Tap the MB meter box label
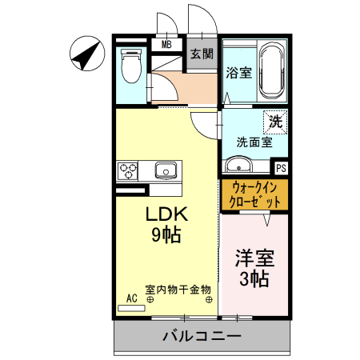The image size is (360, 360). coord(167,45)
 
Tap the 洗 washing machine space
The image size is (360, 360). coord(275,123)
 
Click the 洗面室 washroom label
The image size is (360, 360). coord(254,142)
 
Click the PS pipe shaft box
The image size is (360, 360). coord(281,169)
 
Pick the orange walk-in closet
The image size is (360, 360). coord(254,195)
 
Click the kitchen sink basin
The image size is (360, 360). coord(166,170)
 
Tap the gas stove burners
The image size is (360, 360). coord(128,170)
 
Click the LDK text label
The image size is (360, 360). coord(166,215)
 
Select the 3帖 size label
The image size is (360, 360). coord(254,279)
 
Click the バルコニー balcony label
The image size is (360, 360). coord(202,336)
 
